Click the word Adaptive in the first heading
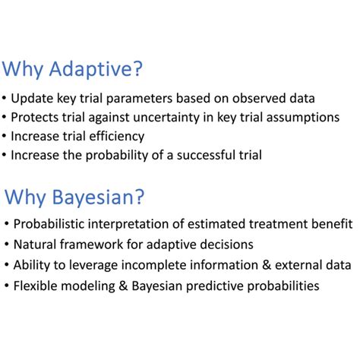pyautogui.click(x=98, y=71)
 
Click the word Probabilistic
pyautogui.click(x=52, y=225)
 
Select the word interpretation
pyautogui.click(x=140, y=225)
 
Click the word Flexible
pyautogui.click(x=36, y=286)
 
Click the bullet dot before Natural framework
pyautogui.click(x=7, y=245)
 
